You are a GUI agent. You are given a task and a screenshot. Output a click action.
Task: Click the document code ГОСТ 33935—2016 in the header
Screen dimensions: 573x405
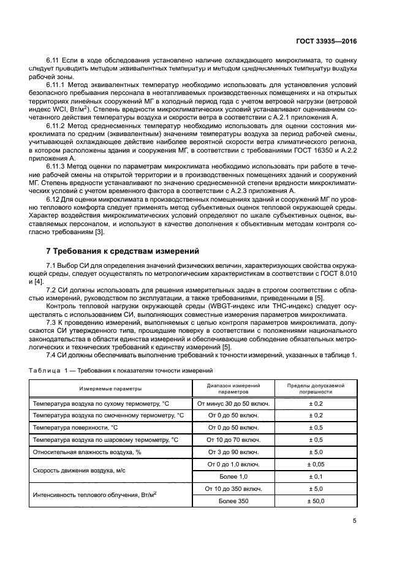click(327, 42)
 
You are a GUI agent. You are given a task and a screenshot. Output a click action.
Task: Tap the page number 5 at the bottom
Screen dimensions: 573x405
click(355, 522)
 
